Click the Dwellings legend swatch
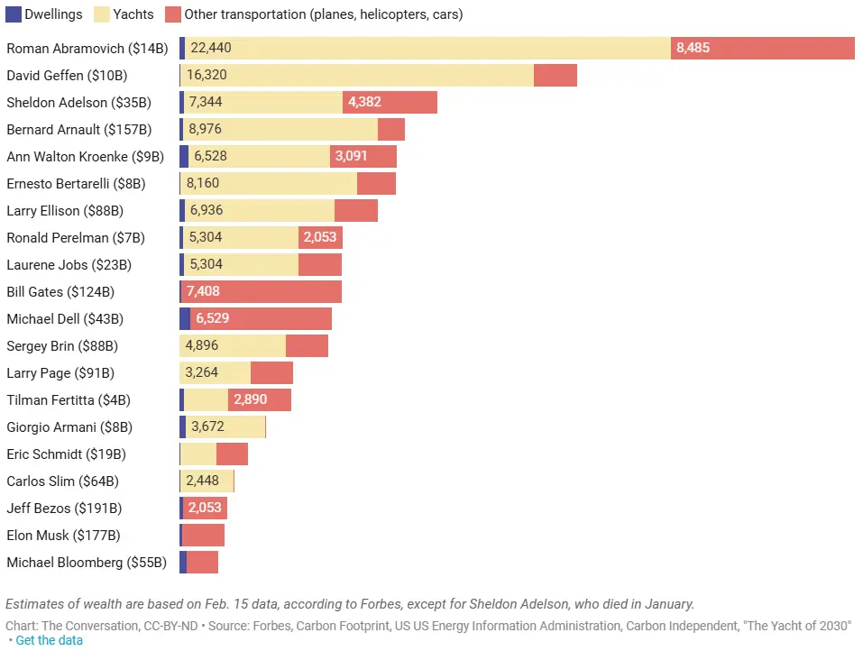pos(14,14)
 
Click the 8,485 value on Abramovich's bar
pos(693,48)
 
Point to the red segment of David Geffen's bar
pos(555,75)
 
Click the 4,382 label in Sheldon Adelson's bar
pos(364,102)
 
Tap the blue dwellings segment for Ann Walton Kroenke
pos(184,156)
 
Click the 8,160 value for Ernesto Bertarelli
pos(202,183)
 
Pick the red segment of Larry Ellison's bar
pos(355,210)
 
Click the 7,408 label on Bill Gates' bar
pos(203,291)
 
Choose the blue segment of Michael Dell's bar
pos(185,318)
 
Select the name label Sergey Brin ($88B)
pos(62,345)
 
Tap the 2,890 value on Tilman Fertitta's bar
pos(250,399)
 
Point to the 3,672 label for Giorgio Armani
pos(207,426)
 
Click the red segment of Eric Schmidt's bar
pos(232,454)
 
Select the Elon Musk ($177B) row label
pos(63,535)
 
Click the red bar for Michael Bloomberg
pos(202,562)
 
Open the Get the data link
pos(49,640)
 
